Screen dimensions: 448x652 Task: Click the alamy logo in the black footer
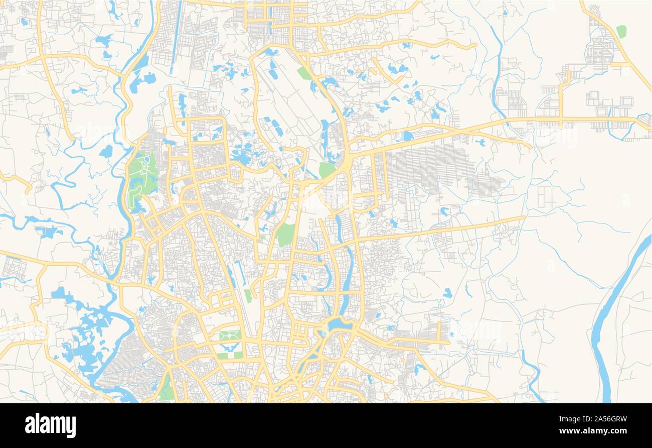pos(50,425)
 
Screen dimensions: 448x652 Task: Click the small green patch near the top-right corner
pos(621,31)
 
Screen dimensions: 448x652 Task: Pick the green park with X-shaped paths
pos(230,334)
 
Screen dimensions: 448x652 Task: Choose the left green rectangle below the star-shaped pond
pos(222,355)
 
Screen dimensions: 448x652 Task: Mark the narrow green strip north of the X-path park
pos(248,296)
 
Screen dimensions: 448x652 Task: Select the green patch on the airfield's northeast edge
pos(304,73)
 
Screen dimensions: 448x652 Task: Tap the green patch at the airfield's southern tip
pos(327,170)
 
